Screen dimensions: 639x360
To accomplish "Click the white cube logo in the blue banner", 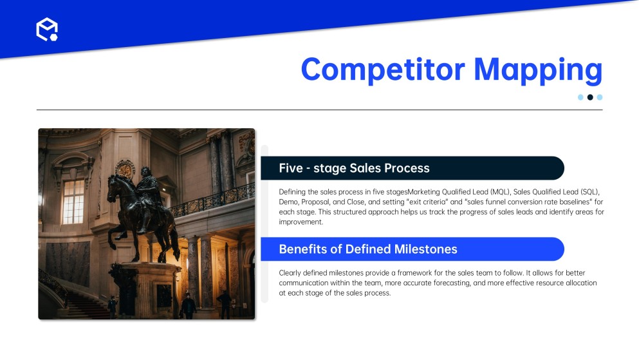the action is pyautogui.click(x=47, y=30).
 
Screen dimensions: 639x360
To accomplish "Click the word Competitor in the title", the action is pyautogui.click(x=383, y=70).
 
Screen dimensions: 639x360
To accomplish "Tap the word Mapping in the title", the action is pyautogui.click(x=538, y=71).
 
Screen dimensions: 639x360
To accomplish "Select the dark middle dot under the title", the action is pyautogui.click(x=589, y=97).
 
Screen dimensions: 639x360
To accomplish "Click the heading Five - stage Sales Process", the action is pyautogui.click(x=354, y=168).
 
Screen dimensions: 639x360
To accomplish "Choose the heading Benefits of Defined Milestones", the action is pyautogui.click(x=368, y=249).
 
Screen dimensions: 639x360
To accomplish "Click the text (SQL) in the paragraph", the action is pyautogui.click(x=590, y=192).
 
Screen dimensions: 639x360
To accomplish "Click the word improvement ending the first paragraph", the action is pyautogui.click(x=301, y=222).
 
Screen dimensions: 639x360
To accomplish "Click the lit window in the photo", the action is pyautogui.click(x=73, y=202).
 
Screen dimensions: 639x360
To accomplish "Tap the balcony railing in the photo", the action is pyautogui.click(x=212, y=200).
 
